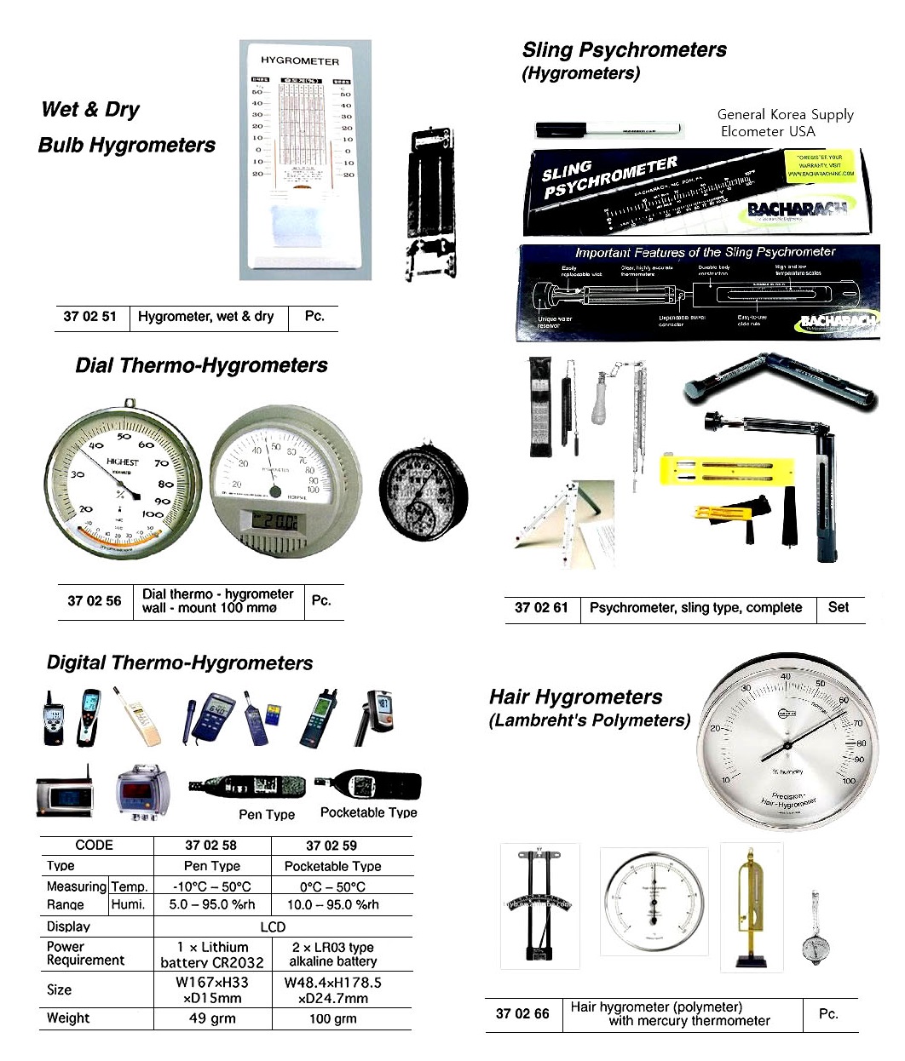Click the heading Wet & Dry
pos(90,110)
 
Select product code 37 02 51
pos(89,317)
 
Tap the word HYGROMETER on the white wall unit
pos(300,60)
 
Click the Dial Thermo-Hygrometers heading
pos(201,365)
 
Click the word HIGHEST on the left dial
pos(123,462)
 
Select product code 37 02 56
pos(94,601)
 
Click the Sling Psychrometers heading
pos(624,50)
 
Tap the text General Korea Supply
pos(785,114)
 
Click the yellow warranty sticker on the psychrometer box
pos(820,165)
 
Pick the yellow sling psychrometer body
pos(729,470)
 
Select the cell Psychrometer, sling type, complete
pos(695,608)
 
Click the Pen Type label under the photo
pos(267,814)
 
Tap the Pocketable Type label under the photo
pos(368,812)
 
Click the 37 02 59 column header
pos(331,846)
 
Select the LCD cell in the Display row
pos(273,926)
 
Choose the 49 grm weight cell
pos(212,1018)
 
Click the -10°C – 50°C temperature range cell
pos(212,886)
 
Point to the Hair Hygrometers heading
pos(575,697)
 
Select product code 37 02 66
pos(522,1014)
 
